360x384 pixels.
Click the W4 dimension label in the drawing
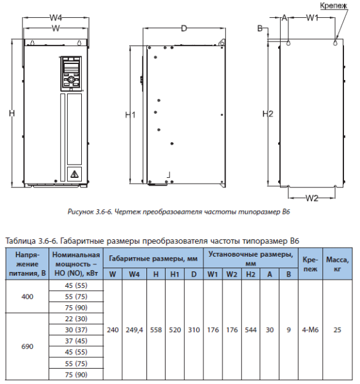click(56, 18)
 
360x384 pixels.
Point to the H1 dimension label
click(130, 115)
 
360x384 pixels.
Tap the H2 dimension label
click(268, 114)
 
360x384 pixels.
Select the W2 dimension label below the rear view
click(312, 198)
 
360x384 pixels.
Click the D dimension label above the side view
click(184, 28)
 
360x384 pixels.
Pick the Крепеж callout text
click(333, 5)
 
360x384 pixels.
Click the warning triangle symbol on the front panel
click(74, 174)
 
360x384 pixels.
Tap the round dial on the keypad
click(71, 79)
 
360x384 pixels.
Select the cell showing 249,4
click(134, 330)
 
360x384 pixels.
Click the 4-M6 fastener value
click(310, 330)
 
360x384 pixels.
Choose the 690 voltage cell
click(27, 346)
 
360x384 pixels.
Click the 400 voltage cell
click(27, 296)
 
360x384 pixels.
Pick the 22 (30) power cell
click(76, 319)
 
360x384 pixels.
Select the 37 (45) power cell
click(76, 341)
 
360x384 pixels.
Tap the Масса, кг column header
click(337, 264)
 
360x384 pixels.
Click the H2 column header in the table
click(251, 275)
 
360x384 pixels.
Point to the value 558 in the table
click(156, 330)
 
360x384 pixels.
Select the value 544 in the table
click(251, 330)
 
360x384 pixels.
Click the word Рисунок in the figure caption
click(79, 212)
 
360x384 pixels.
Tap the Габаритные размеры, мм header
click(153, 259)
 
